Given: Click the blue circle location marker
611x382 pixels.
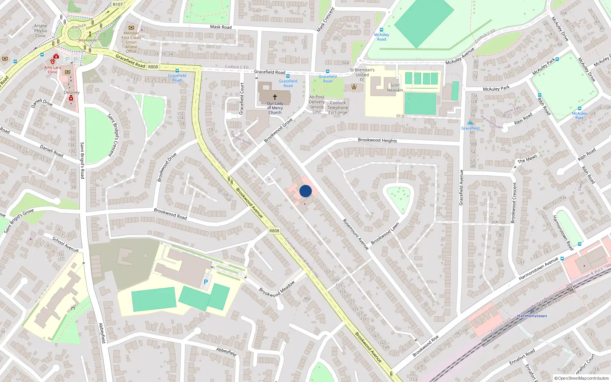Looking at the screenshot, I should pyautogui.click(x=305, y=191).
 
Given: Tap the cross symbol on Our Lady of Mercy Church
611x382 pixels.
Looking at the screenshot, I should pyautogui.click(x=275, y=97).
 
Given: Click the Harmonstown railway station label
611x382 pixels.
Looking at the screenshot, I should pyautogui.click(x=532, y=316).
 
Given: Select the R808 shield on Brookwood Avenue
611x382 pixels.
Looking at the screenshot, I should pyautogui.click(x=274, y=231).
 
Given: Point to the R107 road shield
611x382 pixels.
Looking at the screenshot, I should pyautogui.click(x=118, y=5).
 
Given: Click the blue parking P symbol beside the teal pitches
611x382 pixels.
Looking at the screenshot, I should pyautogui.click(x=206, y=282).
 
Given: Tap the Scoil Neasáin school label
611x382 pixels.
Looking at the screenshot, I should pyautogui.click(x=395, y=88).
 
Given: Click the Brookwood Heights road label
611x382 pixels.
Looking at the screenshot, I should pyautogui.click(x=377, y=140).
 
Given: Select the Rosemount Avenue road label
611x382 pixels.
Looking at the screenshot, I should pyautogui.click(x=356, y=234).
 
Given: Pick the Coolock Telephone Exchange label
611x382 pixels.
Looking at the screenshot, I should pyautogui.click(x=338, y=108).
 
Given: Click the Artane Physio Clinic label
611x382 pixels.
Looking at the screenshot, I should pyautogui.click(x=40, y=31).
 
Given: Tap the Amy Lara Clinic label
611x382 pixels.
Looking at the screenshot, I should pyautogui.click(x=52, y=70).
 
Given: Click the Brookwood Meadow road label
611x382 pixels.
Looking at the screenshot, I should pyautogui.click(x=277, y=289).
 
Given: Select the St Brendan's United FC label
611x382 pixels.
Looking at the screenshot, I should pyautogui.click(x=362, y=75).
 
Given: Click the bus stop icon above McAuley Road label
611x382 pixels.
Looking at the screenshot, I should pyautogui.click(x=381, y=30).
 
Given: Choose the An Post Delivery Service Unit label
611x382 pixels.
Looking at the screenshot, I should pyautogui.click(x=317, y=104).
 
